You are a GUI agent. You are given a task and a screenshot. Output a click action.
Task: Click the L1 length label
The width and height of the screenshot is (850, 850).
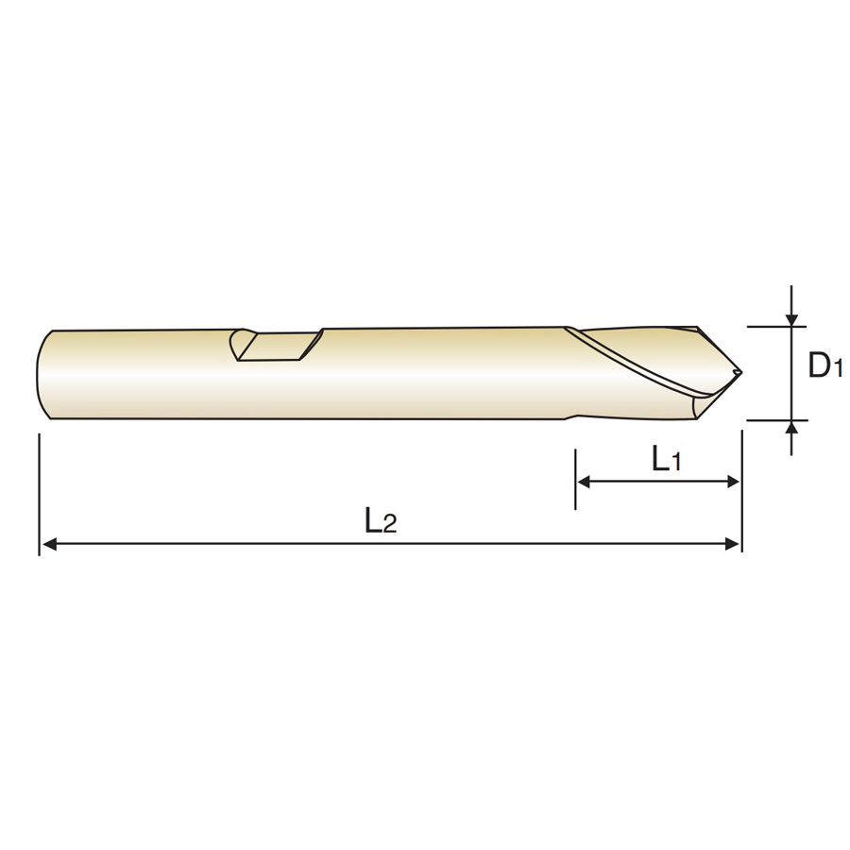click(x=666, y=459)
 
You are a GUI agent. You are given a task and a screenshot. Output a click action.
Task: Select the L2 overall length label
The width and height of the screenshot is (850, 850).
click(x=381, y=520)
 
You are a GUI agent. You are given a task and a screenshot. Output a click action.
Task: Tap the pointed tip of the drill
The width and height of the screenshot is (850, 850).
click(x=740, y=372)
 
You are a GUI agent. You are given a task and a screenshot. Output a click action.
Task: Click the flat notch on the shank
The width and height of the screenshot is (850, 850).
click(x=278, y=347)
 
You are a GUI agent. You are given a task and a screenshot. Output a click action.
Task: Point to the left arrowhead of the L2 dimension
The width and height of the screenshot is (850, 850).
click(x=49, y=544)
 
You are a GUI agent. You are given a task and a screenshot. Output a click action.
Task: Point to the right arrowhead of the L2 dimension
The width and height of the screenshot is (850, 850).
click(x=732, y=544)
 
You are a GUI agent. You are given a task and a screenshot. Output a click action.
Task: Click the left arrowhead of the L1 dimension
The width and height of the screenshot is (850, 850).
click(x=585, y=481)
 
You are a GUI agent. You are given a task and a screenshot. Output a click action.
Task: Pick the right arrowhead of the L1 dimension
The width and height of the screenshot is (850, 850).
click(x=732, y=481)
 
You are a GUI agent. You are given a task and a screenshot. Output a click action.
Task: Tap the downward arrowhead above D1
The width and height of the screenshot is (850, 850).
click(x=792, y=320)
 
